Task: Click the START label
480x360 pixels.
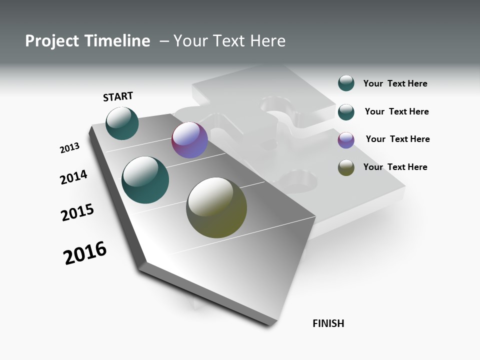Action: [118, 96]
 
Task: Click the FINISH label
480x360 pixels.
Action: [328, 323]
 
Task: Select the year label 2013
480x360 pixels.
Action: [69, 148]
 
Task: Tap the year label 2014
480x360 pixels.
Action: [73, 177]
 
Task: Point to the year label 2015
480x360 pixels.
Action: [77, 212]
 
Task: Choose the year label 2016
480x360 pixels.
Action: [85, 253]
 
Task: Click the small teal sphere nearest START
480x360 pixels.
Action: [122, 123]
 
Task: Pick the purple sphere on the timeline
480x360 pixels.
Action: [189, 140]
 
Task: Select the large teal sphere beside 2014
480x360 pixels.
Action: [145, 180]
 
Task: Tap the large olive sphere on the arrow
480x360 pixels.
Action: [216, 207]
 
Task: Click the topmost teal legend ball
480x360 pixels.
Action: [346, 83]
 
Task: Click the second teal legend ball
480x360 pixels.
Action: [346, 112]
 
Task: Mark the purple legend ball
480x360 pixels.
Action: [346, 140]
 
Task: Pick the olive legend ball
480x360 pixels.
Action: [346, 168]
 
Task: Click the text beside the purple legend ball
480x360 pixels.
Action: [397, 139]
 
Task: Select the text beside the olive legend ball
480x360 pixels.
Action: [395, 167]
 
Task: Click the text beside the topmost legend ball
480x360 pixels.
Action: [395, 83]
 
